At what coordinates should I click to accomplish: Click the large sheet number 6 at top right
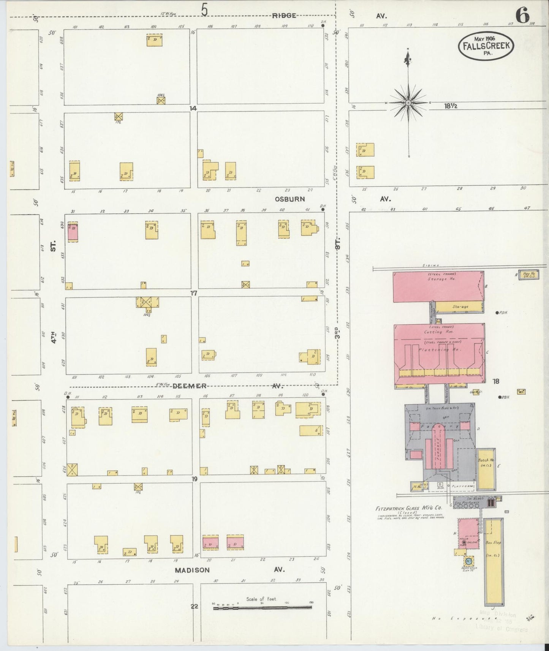(x=523, y=16)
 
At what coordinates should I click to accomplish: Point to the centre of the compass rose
(x=408, y=103)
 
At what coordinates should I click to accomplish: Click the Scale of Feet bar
(x=262, y=607)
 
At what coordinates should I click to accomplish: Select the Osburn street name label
(x=291, y=199)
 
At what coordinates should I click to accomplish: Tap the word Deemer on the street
(x=189, y=386)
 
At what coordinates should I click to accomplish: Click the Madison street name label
(x=192, y=570)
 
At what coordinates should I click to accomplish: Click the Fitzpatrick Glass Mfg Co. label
(x=408, y=508)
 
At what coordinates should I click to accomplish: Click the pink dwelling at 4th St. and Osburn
(x=73, y=232)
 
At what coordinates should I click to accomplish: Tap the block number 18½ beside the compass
(x=451, y=106)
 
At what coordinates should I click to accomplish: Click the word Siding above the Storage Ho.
(x=430, y=265)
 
